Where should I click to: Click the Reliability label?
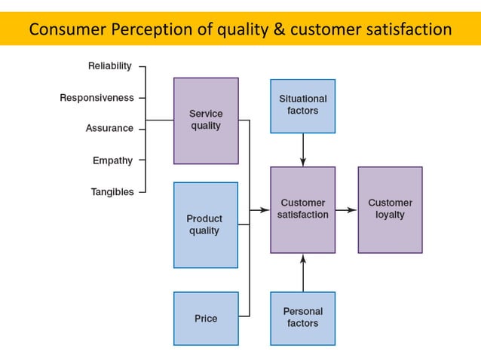point(109,66)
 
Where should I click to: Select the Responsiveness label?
point(97,98)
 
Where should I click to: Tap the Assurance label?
point(109,129)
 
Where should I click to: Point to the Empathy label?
point(112,160)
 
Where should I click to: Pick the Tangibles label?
point(112,192)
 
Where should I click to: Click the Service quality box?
point(206,121)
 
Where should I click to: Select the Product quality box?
point(206,224)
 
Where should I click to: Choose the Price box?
point(206,319)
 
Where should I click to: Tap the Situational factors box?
point(303,105)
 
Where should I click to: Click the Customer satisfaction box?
point(303,209)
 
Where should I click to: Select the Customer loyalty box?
point(390,209)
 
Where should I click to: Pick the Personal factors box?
point(303,317)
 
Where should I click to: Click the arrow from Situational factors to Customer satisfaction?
point(303,150)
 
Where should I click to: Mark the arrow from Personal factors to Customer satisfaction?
point(303,273)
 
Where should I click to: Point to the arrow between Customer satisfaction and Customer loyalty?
point(346,210)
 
